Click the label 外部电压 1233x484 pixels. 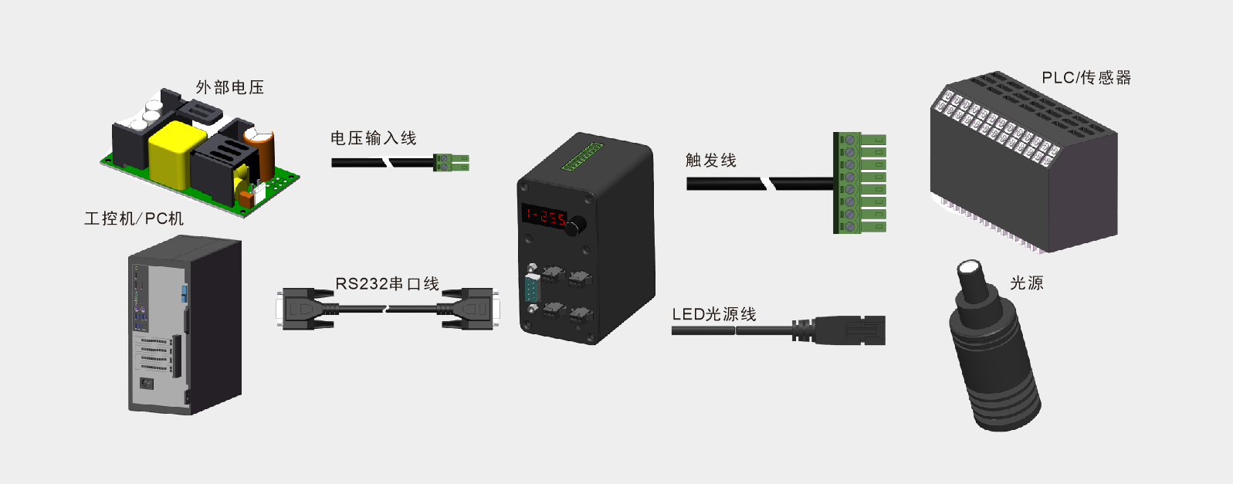[229, 87]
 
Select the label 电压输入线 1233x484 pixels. [373, 138]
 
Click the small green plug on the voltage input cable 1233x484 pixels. [451, 162]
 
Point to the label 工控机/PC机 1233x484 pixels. [134, 218]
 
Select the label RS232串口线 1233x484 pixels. [387, 283]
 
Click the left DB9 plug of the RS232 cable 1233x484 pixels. [304, 309]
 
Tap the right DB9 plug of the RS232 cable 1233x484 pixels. [470, 309]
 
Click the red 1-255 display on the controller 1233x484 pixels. [545, 216]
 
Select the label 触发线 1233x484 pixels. [710, 160]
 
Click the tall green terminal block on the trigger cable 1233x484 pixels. [859, 183]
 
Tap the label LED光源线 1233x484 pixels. [713, 314]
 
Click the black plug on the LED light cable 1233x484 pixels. [849, 330]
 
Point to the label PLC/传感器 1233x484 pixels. [1086, 77]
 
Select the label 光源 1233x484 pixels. [1026, 283]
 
